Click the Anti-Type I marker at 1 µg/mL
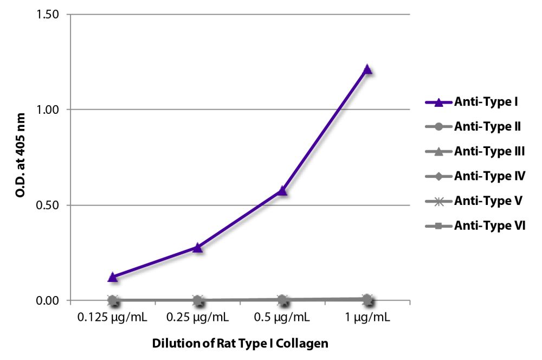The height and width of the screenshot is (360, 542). click(x=367, y=69)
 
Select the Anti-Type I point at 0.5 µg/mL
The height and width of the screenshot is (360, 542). click(x=282, y=191)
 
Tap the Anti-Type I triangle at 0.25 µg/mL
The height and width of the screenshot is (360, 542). click(x=198, y=248)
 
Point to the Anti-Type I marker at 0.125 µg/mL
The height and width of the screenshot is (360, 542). click(x=113, y=277)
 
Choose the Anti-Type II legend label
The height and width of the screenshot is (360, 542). click(x=488, y=126)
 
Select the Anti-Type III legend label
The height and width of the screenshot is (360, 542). click(x=489, y=151)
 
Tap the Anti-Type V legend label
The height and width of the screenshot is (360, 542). click(x=488, y=201)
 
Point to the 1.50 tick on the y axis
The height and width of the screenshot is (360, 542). click(x=48, y=14)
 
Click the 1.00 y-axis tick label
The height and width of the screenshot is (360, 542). click(x=48, y=110)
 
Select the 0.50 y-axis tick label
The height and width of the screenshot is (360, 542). click(x=48, y=205)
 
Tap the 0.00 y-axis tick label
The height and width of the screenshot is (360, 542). click(x=48, y=300)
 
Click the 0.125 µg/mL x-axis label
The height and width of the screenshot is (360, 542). click(x=113, y=317)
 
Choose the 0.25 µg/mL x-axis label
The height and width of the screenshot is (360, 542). click(x=198, y=317)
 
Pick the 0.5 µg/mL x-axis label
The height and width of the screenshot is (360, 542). click(x=282, y=317)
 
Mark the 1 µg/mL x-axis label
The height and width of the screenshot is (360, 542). click(x=367, y=317)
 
